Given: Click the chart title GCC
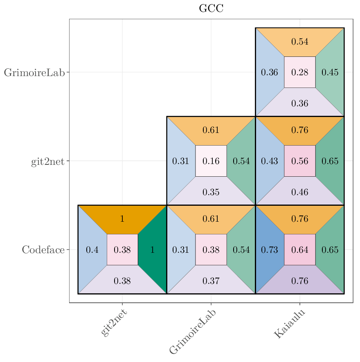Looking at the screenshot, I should (211, 8).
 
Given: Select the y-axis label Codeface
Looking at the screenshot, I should (43, 250).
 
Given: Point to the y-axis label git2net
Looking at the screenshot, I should (47, 161).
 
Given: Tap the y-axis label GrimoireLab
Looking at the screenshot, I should (34, 73).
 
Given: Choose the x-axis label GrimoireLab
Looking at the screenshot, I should (193, 331).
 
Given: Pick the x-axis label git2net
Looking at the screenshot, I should (114, 323).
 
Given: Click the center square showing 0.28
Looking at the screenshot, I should (300, 72).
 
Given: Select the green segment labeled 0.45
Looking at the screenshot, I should (330, 72).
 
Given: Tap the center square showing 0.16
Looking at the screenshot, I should (211, 161).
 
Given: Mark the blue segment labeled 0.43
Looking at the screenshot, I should (270, 161).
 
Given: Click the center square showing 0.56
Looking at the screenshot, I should (300, 161).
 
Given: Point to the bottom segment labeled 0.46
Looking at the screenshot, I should (300, 192).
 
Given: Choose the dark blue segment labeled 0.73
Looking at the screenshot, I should (270, 250).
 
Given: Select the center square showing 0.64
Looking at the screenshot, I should (300, 250).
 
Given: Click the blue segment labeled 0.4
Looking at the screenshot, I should (92, 250).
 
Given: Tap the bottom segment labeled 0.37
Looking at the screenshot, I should (211, 281).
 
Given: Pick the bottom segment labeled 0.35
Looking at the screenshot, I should (211, 192).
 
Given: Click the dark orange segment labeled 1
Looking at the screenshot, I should (122, 219).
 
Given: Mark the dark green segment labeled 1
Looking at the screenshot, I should (153, 250).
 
